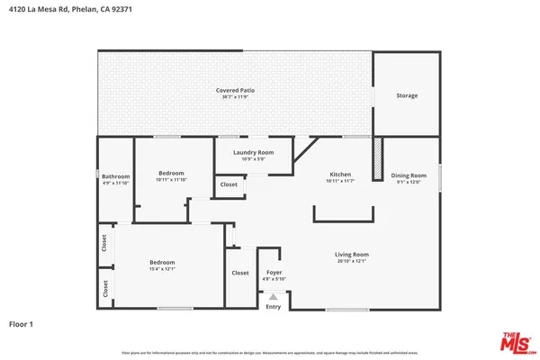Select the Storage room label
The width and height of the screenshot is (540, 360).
coord(407,95)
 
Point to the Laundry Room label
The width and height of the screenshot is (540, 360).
coord(253,153)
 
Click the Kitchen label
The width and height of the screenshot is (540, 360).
coord(340,174)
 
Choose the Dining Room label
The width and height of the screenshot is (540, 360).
coord(409,175)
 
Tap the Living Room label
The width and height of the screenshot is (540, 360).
coord(353,255)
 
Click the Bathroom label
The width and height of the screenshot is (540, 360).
coord(115,176)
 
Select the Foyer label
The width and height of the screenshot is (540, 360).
coord(274,272)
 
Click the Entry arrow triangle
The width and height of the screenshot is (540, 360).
coord(274,297)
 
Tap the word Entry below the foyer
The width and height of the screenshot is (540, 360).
coord(274,307)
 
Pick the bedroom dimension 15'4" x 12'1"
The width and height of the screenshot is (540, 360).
coord(162,268)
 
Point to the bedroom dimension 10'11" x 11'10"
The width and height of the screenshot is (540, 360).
coord(171,180)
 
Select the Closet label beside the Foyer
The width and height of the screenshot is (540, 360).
coord(240,273)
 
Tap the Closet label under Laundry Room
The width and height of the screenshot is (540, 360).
coord(229,184)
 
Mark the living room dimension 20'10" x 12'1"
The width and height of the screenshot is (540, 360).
coord(353,262)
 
